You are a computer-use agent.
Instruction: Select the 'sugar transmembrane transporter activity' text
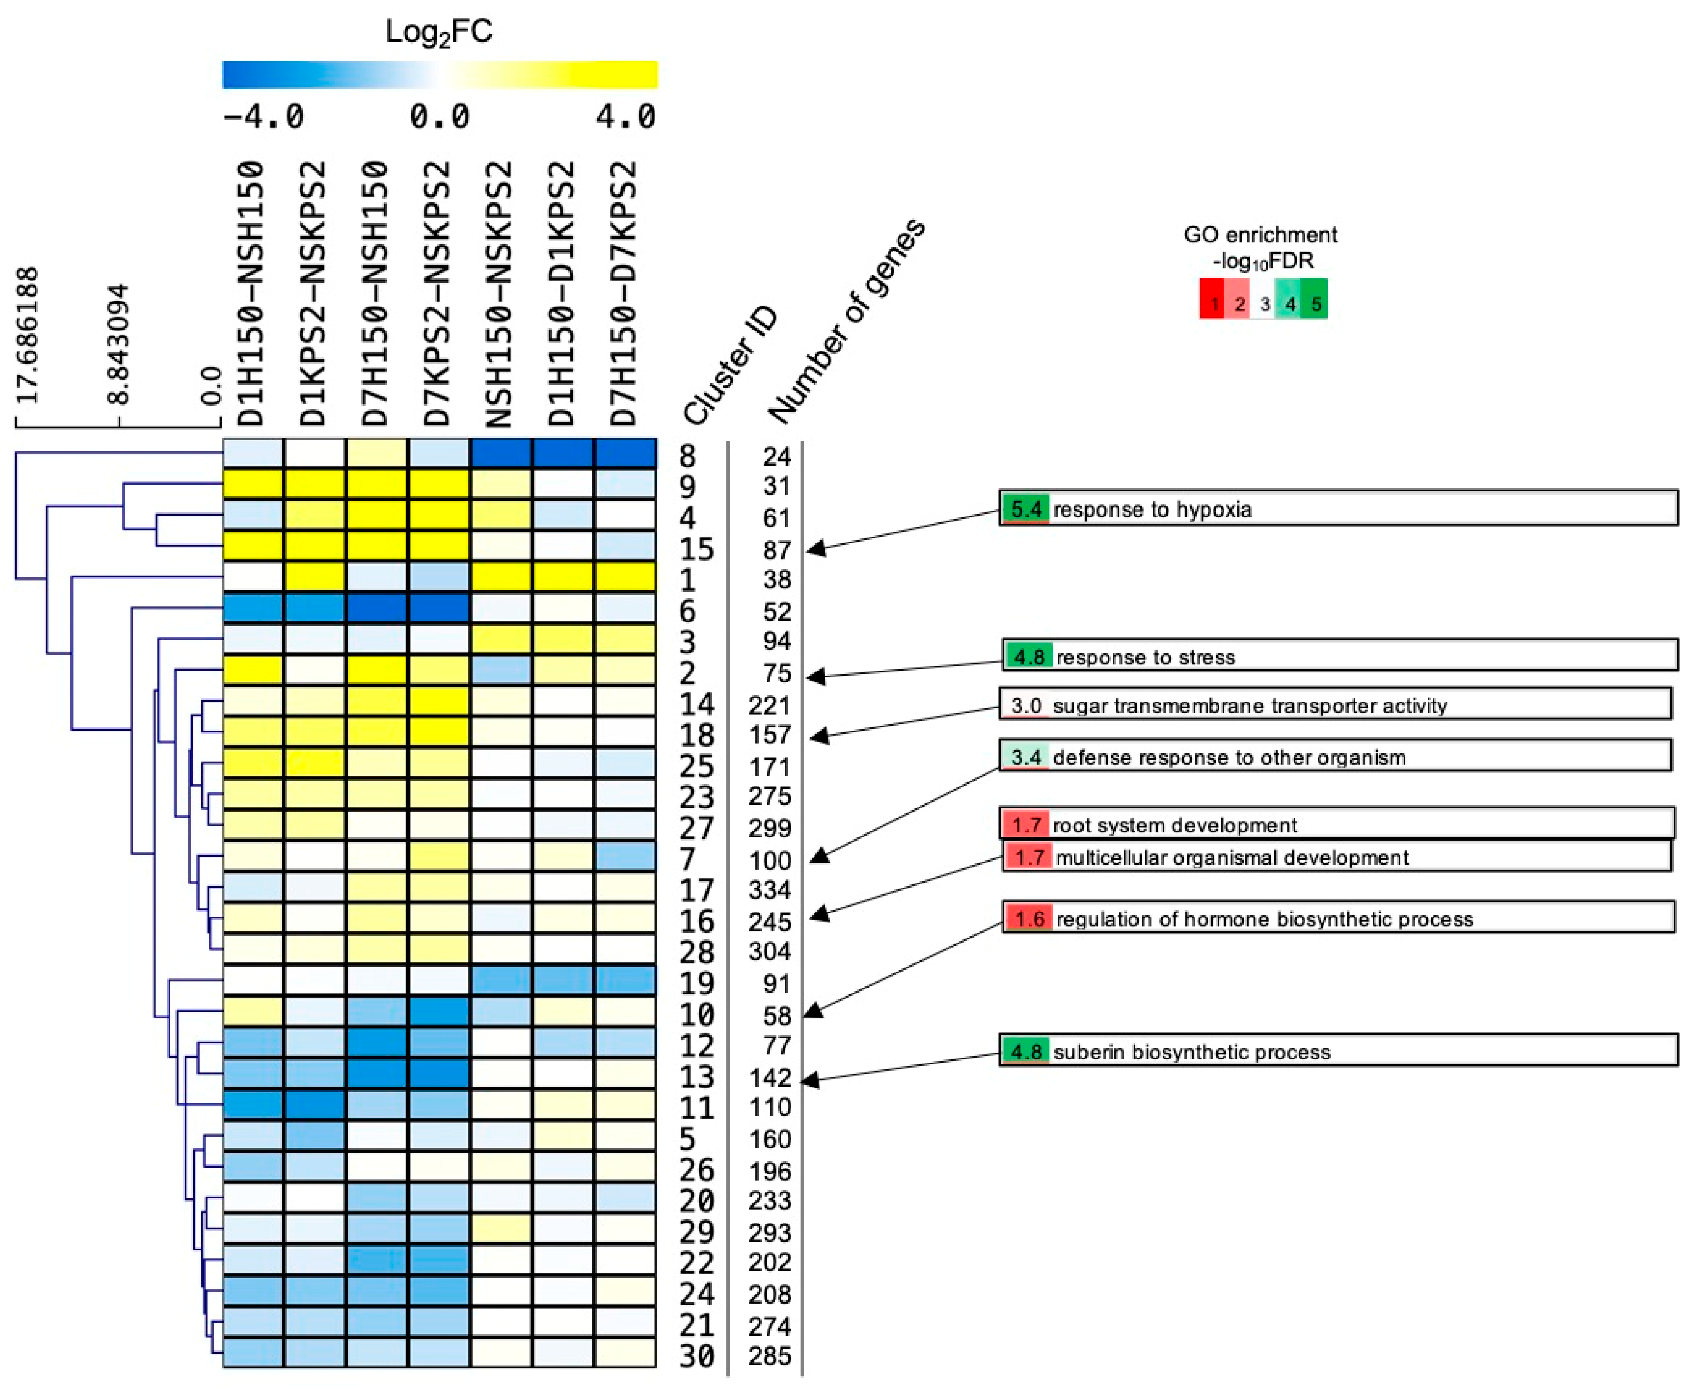pos(1249,706)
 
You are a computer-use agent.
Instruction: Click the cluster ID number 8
pos(687,456)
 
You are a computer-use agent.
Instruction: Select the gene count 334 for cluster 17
pos(770,890)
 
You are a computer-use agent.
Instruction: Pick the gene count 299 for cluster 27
pos(770,828)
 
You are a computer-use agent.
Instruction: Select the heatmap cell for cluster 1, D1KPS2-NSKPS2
pos(315,578)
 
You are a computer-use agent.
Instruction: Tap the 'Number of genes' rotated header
pos(846,320)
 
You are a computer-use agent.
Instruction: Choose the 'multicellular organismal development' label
pos(1232,857)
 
